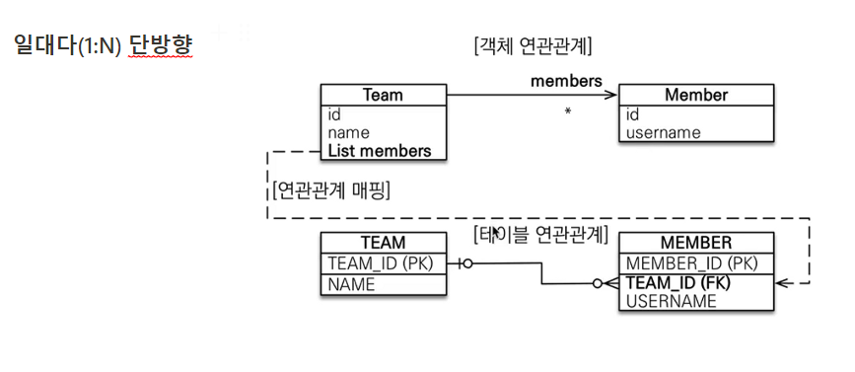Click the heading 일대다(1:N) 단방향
pyautogui.click(x=103, y=45)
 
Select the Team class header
pyautogui.click(x=383, y=96)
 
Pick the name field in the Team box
pyautogui.click(x=348, y=132)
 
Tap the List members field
pyautogui.click(x=380, y=151)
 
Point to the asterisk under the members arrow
pyautogui.click(x=567, y=112)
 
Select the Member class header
pyautogui.click(x=695, y=96)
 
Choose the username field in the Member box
pyautogui.click(x=663, y=132)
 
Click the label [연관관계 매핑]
pyautogui.click(x=329, y=189)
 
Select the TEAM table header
pyautogui.click(x=383, y=243)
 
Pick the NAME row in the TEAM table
pyautogui.click(x=351, y=284)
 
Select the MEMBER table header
pyautogui.click(x=695, y=243)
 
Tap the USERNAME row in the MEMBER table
pyautogui.click(x=671, y=301)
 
